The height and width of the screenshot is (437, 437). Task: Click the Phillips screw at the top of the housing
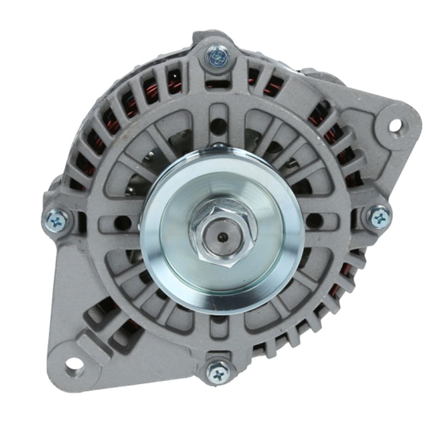pyautogui.click(x=218, y=56)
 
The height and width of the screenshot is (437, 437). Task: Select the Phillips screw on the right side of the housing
pyautogui.click(x=379, y=218)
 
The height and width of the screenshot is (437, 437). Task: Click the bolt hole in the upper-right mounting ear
pyautogui.click(x=397, y=125)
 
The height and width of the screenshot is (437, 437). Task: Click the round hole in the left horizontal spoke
pyautogui.click(x=121, y=221)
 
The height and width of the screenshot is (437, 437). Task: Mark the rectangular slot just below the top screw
pyautogui.click(x=218, y=83)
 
